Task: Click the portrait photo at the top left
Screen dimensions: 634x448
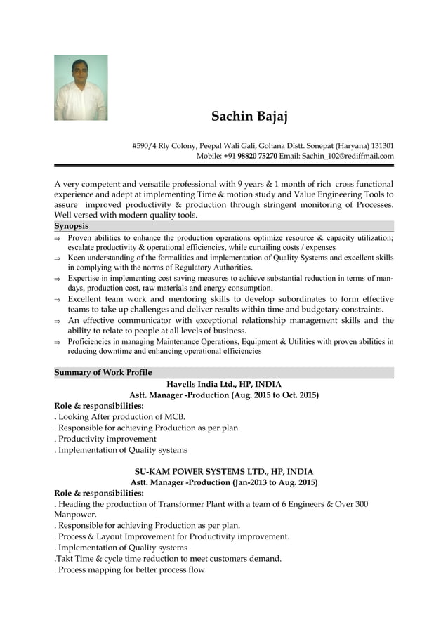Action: [x=81, y=88]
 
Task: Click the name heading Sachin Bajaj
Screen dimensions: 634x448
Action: [x=250, y=116]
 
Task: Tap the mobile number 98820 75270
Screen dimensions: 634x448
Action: [x=258, y=156]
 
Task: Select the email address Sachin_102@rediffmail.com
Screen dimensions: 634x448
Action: [x=348, y=156]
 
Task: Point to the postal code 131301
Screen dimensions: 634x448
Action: [x=382, y=145]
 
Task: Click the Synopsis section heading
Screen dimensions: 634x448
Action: [x=72, y=226]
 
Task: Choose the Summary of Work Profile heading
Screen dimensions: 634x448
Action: [x=103, y=372]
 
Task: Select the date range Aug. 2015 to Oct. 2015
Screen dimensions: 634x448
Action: [x=274, y=395]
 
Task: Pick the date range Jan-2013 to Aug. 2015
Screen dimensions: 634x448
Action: [x=275, y=482]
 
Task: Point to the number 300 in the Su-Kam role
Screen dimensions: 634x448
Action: [x=360, y=504]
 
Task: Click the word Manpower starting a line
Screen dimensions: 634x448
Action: [x=74, y=514]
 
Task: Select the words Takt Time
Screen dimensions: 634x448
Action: [x=75, y=558]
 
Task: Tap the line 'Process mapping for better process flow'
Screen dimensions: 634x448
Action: [x=131, y=569]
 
